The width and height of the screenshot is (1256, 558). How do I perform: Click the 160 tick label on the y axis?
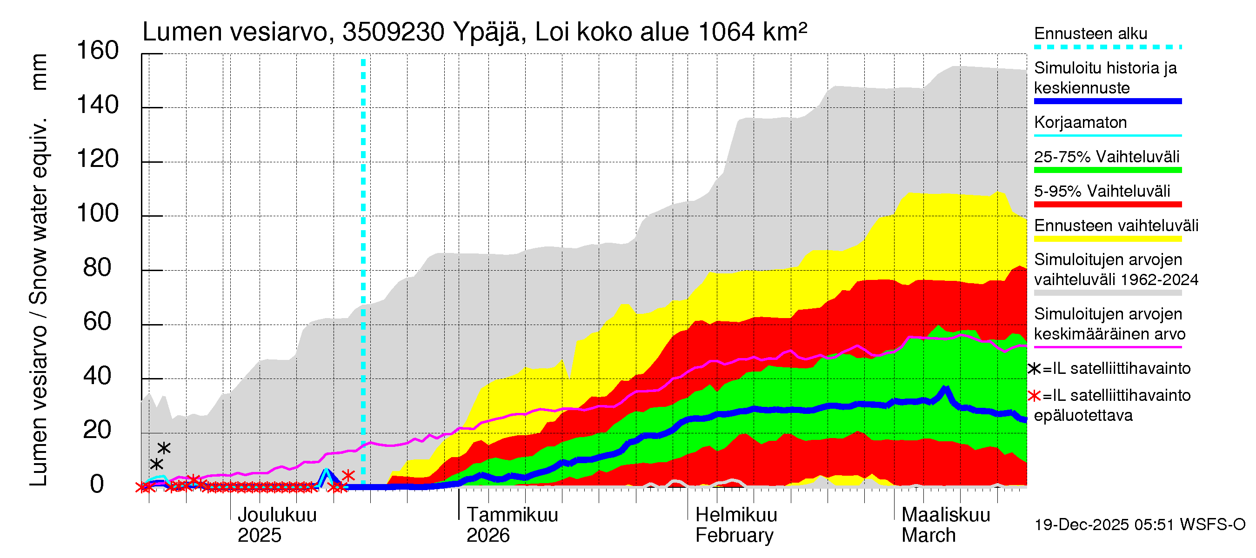[x=98, y=51]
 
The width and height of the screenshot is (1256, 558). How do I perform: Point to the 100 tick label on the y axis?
[x=98, y=213]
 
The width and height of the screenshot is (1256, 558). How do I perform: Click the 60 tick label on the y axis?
[x=98, y=322]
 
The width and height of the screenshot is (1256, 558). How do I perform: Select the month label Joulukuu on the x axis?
[x=276, y=515]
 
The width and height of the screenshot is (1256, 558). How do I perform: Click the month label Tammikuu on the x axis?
[x=512, y=515]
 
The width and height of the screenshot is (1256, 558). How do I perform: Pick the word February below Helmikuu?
[x=734, y=536]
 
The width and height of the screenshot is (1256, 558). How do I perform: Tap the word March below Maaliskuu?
[x=929, y=536]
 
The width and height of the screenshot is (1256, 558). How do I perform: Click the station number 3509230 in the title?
[x=393, y=32]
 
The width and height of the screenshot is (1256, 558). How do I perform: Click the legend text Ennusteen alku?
[x=1090, y=33]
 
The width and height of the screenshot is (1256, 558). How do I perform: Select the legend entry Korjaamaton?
[x=1080, y=122]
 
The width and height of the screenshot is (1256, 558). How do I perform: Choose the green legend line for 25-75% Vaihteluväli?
[x=1107, y=170]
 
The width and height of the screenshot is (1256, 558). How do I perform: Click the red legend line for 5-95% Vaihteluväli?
[x=1107, y=205]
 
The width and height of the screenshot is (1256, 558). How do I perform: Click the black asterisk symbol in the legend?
[x=1034, y=369]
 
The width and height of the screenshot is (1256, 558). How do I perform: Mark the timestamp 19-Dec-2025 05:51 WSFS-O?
[x=1139, y=525]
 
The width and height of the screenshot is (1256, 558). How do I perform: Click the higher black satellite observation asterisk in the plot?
[x=164, y=448]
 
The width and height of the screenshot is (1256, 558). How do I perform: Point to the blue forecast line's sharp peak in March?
[x=946, y=388]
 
